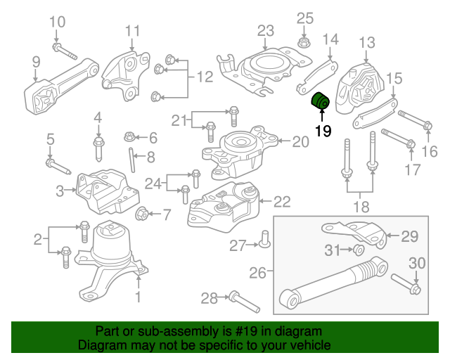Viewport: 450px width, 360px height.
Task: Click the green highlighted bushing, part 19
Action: click(321, 101)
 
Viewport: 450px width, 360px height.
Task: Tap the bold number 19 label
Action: click(323, 130)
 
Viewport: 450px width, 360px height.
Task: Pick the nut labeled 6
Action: click(129, 136)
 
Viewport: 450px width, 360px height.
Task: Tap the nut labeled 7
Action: click(140, 214)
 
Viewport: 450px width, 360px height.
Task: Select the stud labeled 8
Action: click(131, 157)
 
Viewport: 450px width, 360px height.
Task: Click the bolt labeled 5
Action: click(58, 167)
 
